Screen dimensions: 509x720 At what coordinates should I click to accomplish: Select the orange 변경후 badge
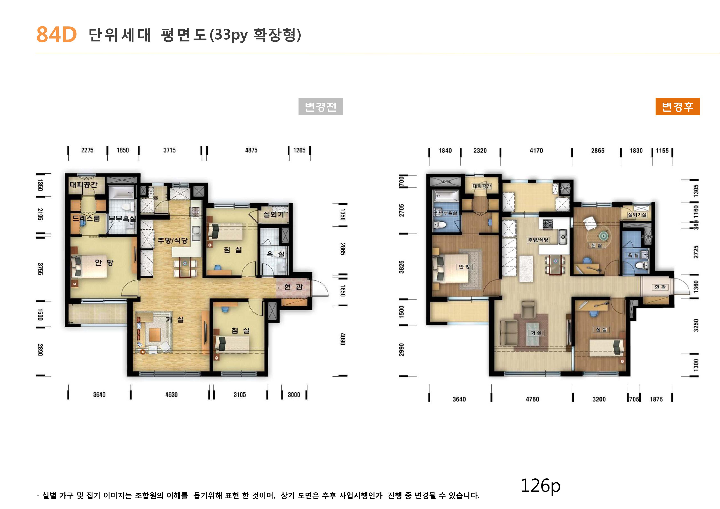pos(677,107)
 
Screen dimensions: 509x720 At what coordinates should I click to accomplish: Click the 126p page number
pos(540,485)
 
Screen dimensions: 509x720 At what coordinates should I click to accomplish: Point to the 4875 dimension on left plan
pos(251,150)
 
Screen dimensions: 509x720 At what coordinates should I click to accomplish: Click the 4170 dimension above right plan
pos(536,150)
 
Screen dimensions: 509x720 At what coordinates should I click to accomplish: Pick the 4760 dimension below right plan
pos(532,399)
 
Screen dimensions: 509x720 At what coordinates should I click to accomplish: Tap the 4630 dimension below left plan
pos(172,394)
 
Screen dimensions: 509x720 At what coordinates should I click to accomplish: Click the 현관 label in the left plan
pos(293,287)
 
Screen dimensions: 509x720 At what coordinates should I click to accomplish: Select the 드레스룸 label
pos(86,218)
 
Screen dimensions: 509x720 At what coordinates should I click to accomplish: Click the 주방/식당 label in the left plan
pos(173,241)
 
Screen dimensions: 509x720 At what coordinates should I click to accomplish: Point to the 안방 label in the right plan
pos(464,267)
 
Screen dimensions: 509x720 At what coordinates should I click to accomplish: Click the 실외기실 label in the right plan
pos(637,215)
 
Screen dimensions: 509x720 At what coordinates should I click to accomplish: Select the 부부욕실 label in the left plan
pos(122,219)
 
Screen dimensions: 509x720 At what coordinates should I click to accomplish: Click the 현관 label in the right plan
pos(660,287)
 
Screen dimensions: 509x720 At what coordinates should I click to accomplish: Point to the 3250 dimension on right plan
pos(696,326)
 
